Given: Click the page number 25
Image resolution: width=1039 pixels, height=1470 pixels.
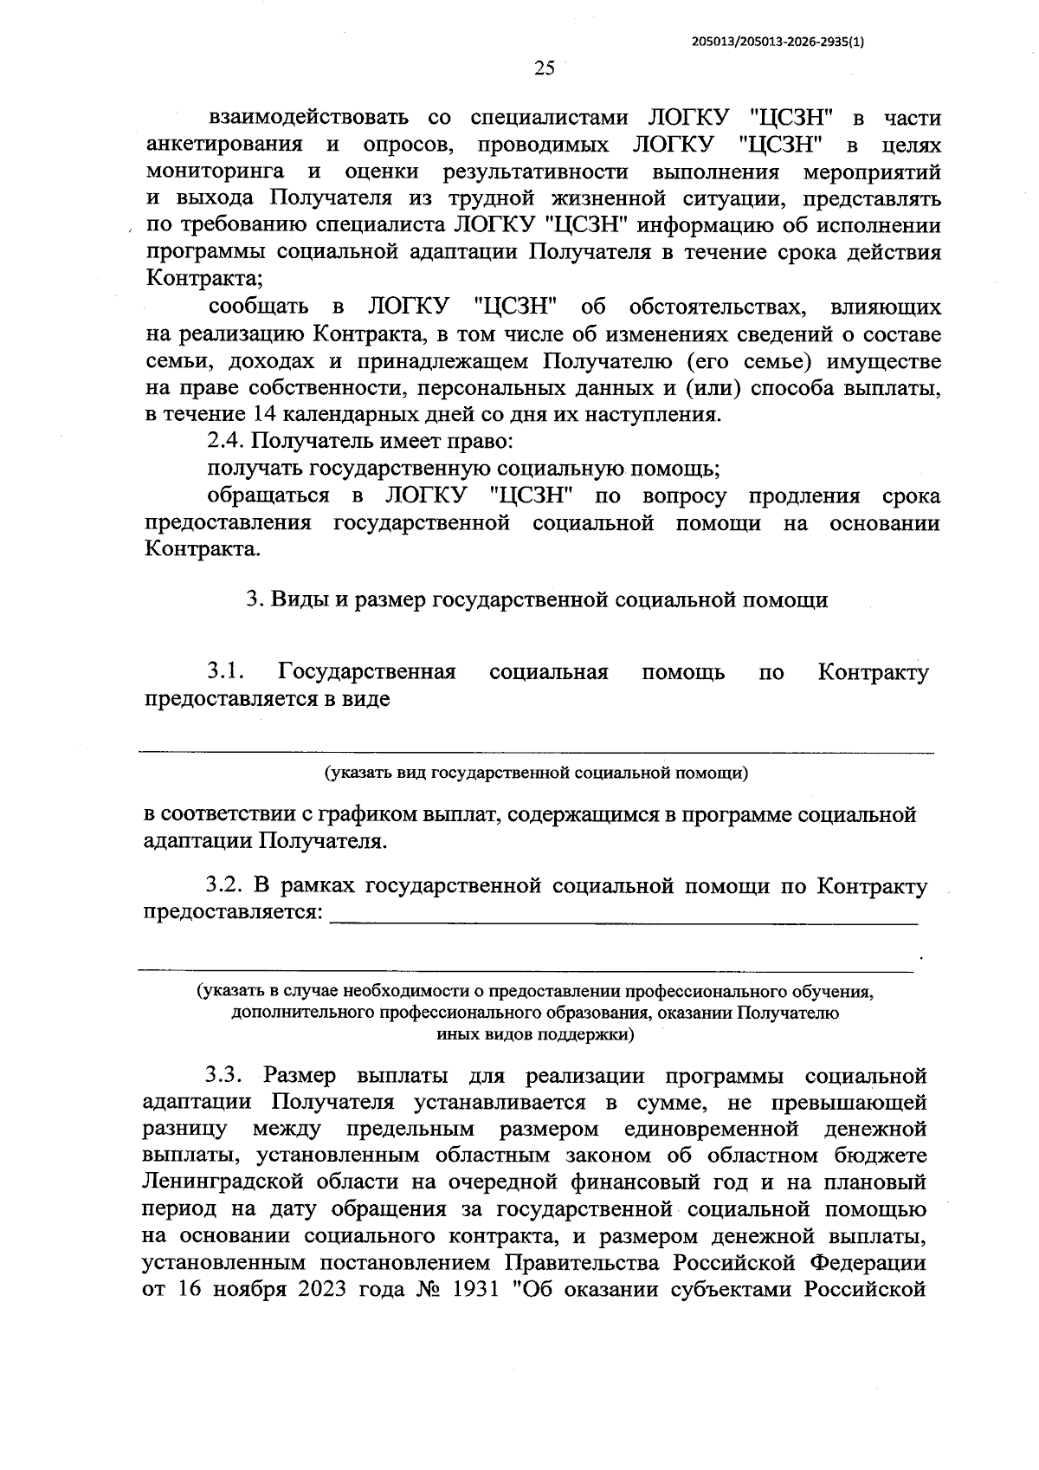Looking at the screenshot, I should pyautogui.click(x=545, y=70).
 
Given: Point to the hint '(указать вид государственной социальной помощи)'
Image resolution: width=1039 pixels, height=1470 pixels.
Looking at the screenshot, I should pyautogui.click(x=536, y=773).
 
